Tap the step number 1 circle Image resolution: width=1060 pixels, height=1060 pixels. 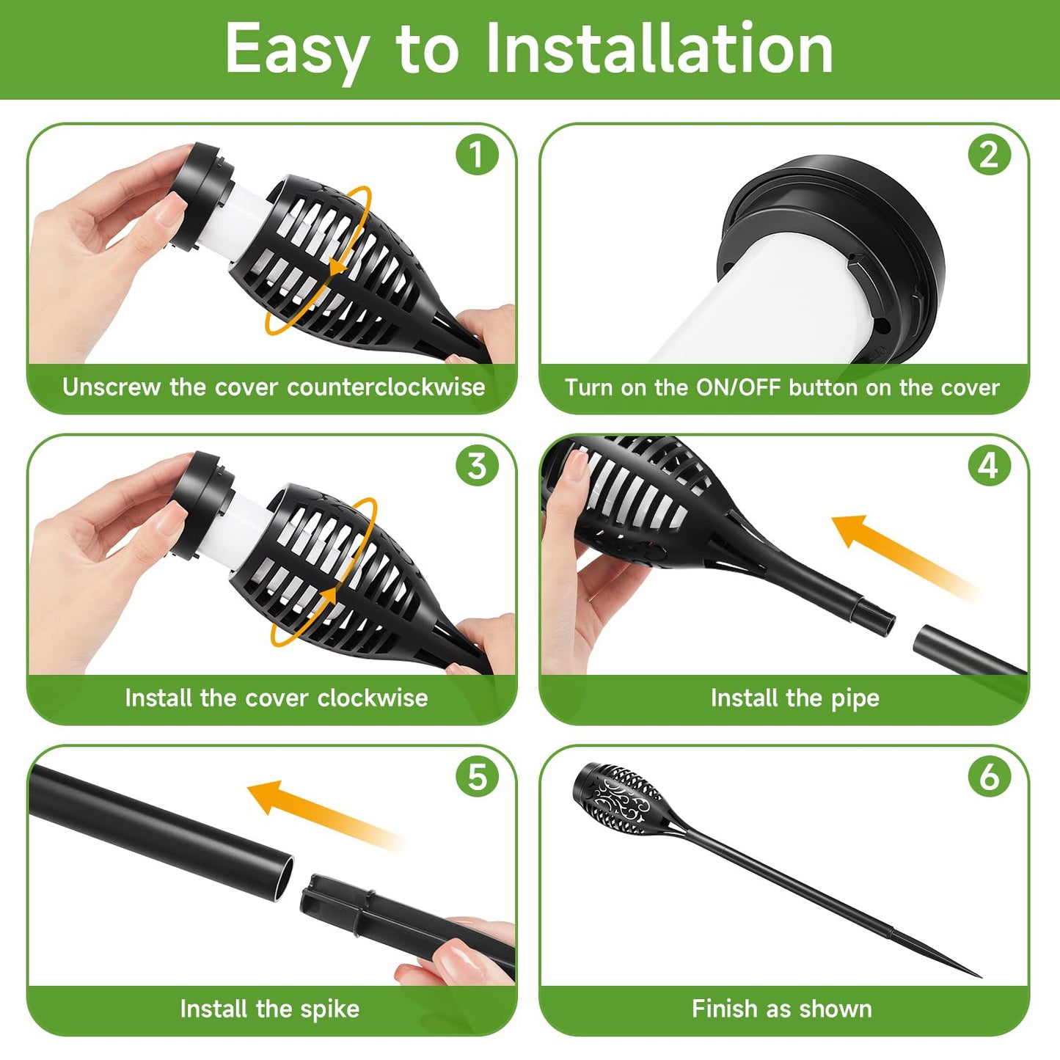tap(477, 155)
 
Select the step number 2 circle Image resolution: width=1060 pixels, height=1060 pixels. tap(989, 155)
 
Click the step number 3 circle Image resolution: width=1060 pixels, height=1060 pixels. tap(477, 465)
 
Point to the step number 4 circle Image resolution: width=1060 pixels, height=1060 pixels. tap(989, 465)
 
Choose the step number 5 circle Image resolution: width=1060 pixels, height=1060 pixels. tap(477, 776)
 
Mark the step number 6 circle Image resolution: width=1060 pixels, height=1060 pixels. tap(989, 776)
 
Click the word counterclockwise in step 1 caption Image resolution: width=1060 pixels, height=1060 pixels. tap(386, 387)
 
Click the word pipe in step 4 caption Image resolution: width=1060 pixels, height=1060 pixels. tap(855, 698)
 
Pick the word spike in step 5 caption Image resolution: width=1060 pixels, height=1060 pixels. tap(330, 1009)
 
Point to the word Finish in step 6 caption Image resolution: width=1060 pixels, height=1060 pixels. tap(724, 1009)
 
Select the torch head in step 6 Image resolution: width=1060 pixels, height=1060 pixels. tap(620, 800)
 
